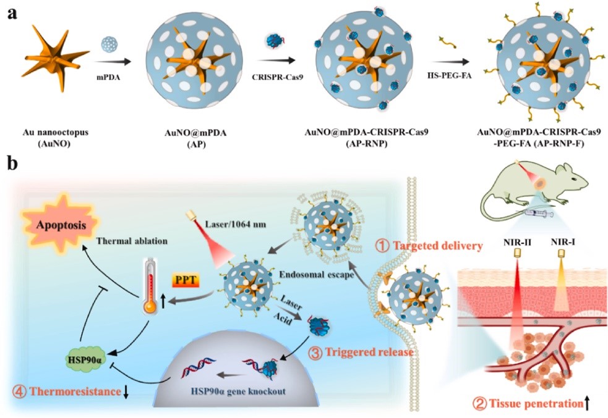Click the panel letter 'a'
(x=11, y=13)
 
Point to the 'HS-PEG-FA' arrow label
(x=448, y=77)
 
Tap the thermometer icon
(x=148, y=278)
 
